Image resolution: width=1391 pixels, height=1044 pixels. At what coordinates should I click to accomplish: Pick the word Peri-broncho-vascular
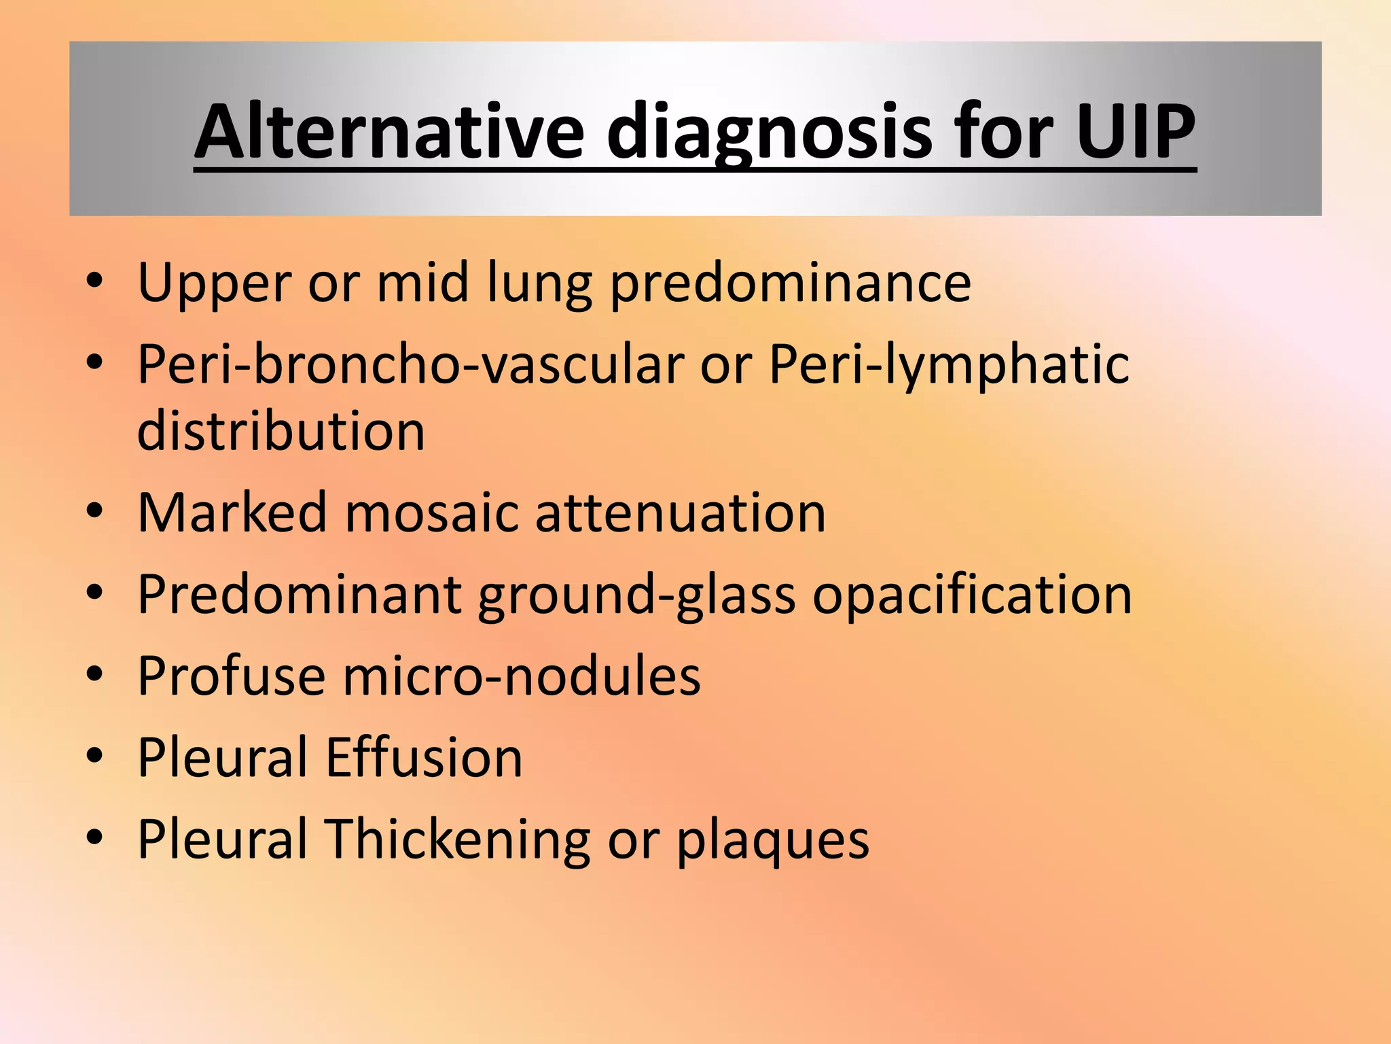coord(410,364)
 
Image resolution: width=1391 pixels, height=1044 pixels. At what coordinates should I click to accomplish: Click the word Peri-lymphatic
coord(948,364)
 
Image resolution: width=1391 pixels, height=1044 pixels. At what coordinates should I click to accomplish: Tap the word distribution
coord(281,431)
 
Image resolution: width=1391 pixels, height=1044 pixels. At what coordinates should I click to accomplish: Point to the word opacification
coord(972,595)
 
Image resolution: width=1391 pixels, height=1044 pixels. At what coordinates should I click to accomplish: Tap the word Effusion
coord(424,757)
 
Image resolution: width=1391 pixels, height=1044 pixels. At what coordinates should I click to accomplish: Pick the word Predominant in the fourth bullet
coord(300,595)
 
